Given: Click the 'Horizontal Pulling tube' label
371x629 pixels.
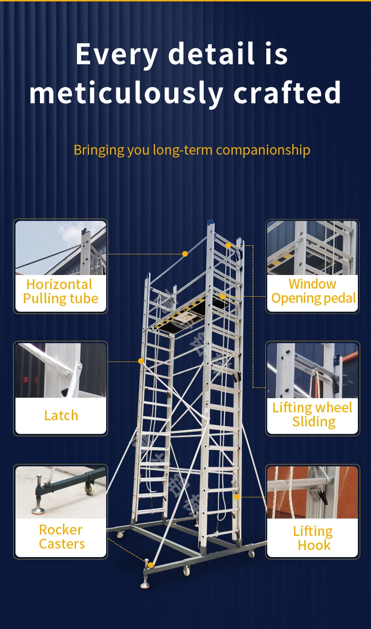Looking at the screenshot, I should [61, 291].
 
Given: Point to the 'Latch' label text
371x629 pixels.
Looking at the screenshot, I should [61, 416].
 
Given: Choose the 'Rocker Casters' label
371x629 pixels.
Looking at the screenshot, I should [62, 537].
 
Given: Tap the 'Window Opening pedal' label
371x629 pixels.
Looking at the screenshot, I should [313, 291].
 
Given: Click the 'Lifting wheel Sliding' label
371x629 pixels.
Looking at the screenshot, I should [313, 414].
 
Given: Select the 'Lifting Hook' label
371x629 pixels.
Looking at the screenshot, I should [313, 538].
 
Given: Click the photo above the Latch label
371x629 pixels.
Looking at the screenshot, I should [61, 370].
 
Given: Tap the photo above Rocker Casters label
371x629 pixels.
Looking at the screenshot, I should [61, 492].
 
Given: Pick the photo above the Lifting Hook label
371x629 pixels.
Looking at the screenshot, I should [312, 492].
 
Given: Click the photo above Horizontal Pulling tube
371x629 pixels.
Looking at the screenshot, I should [61, 248].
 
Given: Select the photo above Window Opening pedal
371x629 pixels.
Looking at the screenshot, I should [312, 248].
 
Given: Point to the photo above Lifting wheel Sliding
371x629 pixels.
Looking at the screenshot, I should [312, 370].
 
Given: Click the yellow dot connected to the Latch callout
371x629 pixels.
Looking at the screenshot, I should [141, 361].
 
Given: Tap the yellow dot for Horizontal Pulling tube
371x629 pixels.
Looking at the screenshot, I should [185, 254].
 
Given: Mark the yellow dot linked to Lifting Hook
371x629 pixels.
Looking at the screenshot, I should [237, 496].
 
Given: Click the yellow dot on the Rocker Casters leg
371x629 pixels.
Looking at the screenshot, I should [151, 565].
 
